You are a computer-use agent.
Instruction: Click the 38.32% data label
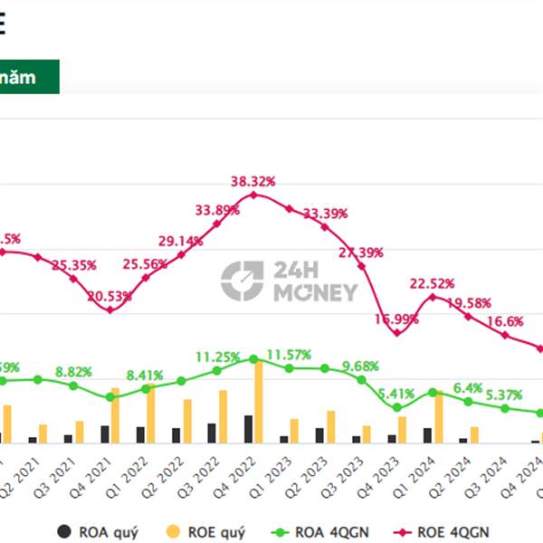[253, 181]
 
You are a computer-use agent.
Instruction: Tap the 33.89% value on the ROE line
[217, 210]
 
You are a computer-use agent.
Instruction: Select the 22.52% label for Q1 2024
[432, 283]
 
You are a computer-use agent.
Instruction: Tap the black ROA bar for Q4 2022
[248, 429]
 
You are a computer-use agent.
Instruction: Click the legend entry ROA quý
[100, 532]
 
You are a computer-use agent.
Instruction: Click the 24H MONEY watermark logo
[290, 281]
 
